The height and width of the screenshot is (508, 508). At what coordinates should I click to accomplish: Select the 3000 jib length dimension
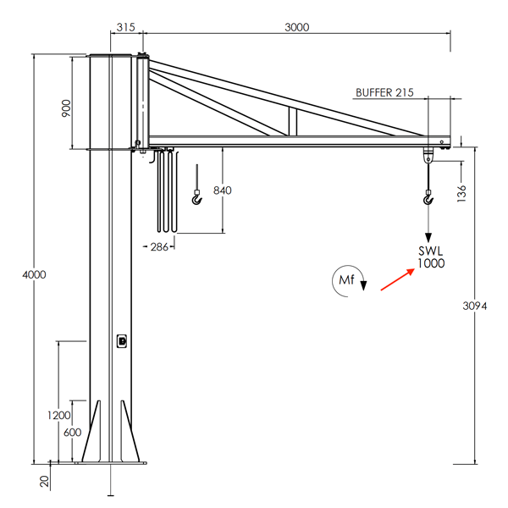pos(295,27)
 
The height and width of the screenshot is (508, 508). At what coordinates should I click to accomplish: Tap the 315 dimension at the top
pos(124,27)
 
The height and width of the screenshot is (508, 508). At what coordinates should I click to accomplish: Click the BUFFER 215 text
pos(384,93)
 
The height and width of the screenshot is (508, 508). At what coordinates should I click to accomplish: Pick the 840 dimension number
pos(223,190)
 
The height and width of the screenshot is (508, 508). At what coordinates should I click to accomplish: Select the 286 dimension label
pos(158,247)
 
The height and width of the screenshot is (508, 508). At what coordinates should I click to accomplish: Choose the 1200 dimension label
pos(59,415)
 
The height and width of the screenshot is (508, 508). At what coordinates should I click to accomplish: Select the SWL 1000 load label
pos(431,257)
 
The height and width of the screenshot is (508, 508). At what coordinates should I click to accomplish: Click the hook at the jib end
pos(428,200)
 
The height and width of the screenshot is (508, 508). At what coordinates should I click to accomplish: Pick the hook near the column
pos(197,200)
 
